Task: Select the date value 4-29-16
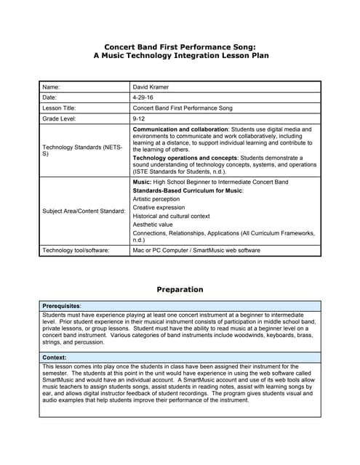[143, 97]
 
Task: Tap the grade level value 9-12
[139, 118]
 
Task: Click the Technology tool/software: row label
[76, 250]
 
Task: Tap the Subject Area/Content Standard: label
[84, 211]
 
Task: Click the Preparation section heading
[180, 289]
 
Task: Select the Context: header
[55, 357]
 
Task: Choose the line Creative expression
[159, 207]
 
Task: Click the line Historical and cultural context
[171, 216]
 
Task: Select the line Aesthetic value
[153, 225]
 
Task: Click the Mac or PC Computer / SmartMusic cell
[196, 250]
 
